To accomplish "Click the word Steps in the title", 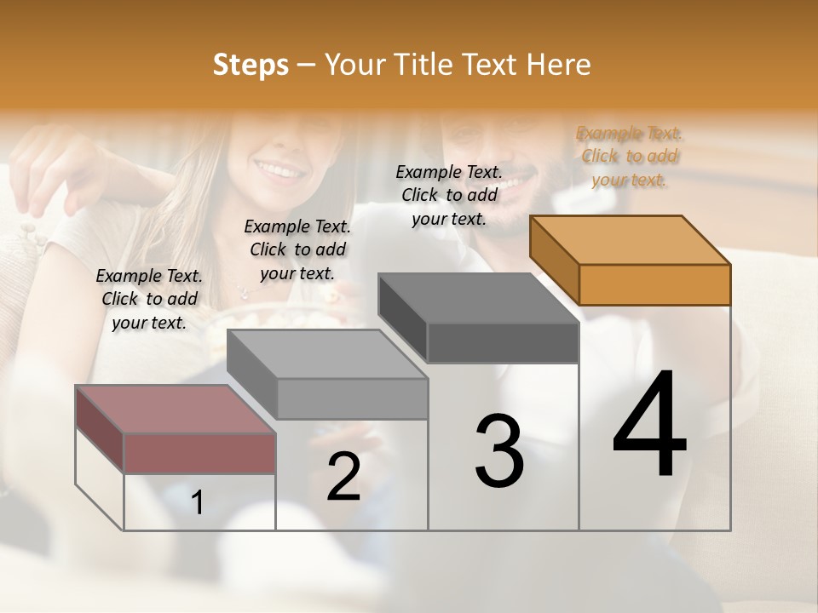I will (x=251, y=65).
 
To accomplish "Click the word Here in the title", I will (x=558, y=65).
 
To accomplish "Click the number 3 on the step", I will (x=499, y=451).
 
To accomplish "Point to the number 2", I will (x=343, y=477).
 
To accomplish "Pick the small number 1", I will (x=197, y=503).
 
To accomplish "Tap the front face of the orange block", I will (x=654, y=284).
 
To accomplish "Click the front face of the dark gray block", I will (x=503, y=343).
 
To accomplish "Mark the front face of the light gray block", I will (x=352, y=398).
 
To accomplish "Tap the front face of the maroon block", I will (x=199, y=453).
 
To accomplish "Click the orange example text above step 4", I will (x=629, y=157).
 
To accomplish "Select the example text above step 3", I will (x=449, y=195).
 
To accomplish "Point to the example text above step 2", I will (x=297, y=249).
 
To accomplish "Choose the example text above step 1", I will (x=149, y=299).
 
